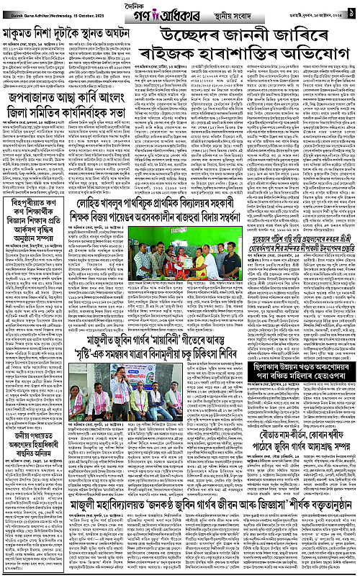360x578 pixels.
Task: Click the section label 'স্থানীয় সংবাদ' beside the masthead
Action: pyautogui.click(x=222, y=12)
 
